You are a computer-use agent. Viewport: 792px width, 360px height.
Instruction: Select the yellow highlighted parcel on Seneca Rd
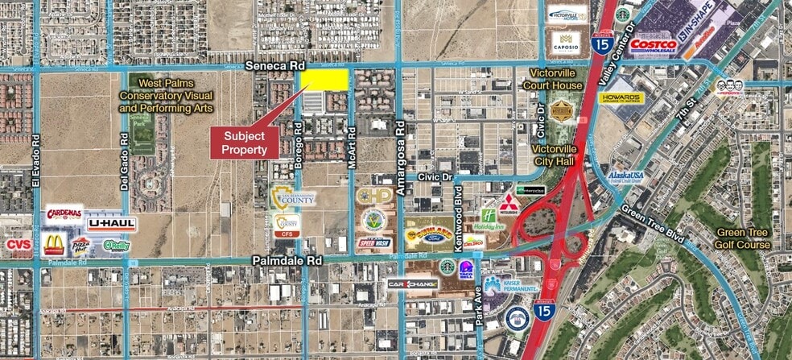324,79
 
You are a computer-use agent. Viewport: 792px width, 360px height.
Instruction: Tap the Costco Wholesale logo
654,46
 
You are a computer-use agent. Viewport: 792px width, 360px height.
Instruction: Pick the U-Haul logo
112,223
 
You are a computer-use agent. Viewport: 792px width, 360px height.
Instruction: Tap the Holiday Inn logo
491,219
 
